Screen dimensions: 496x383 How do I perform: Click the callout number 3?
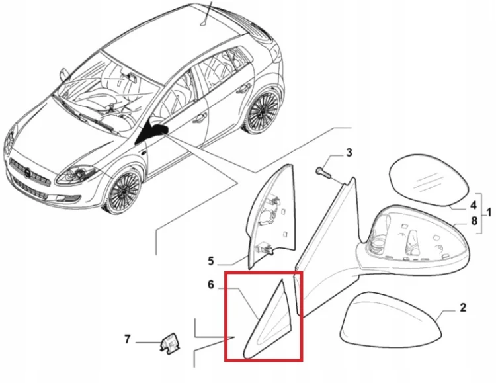click(349, 153)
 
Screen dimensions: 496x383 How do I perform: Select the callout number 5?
click(211, 261)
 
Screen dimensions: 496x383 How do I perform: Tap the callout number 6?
click(211, 284)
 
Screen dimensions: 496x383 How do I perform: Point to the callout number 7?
click(127, 339)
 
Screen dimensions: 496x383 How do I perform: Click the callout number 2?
click(463, 307)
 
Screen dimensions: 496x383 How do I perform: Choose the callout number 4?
click(474, 206)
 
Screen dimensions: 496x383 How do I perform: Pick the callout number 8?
click(474, 220)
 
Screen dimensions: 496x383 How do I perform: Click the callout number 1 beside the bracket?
click(489, 212)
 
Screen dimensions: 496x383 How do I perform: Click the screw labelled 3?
click(323, 173)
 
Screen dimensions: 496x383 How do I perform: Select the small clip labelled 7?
click(170, 343)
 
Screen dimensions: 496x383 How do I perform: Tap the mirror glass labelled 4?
click(429, 179)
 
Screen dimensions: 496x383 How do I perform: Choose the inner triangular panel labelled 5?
click(272, 215)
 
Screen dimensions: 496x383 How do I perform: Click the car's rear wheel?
click(263, 110)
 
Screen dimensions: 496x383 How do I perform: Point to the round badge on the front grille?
click(28, 173)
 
